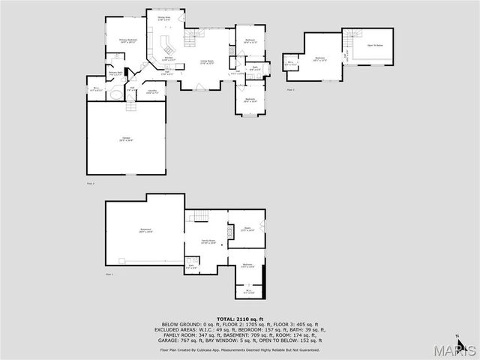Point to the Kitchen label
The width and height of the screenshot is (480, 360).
click(169, 58)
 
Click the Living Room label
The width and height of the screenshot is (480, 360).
click(207, 62)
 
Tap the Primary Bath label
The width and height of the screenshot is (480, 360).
click(116, 73)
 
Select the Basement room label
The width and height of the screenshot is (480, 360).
click(145, 230)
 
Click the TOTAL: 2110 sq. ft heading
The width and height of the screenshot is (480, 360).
click(240, 319)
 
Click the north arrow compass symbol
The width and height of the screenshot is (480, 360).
click(458, 338)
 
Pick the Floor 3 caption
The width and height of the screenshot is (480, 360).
click(291, 89)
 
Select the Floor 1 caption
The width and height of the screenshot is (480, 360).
click(109, 274)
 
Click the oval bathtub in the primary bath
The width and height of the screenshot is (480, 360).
click(113, 96)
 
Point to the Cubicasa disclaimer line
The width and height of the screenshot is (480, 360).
click(240, 349)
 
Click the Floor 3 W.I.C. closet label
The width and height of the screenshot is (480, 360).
click(290, 64)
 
